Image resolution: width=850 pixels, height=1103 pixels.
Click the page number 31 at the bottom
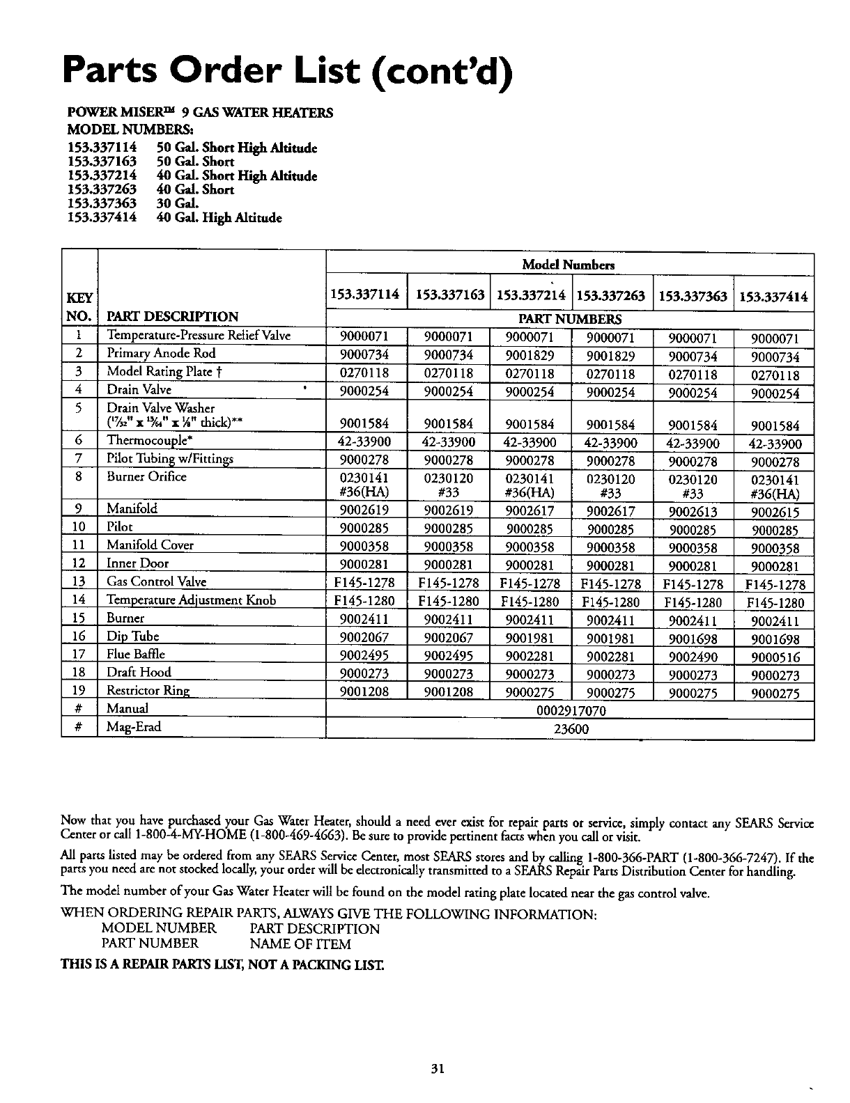coord(437,1069)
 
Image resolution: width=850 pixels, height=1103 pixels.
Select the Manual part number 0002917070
coord(571,711)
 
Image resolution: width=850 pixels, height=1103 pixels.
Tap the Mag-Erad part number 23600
coord(571,729)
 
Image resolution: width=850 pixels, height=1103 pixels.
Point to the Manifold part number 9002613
coord(692,513)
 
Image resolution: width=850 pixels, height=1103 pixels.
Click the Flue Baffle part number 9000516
coord(775,657)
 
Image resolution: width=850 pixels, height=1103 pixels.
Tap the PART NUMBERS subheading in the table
coord(571,320)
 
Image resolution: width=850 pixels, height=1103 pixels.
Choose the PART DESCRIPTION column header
coord(171,316)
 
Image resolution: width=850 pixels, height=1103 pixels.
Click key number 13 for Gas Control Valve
coord(79,582)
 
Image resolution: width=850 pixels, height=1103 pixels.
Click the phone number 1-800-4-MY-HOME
coord(187,835)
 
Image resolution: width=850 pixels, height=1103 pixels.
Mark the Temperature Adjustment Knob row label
coord(191,600)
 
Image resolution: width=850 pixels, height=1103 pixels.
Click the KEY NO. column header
coord(79,307)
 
